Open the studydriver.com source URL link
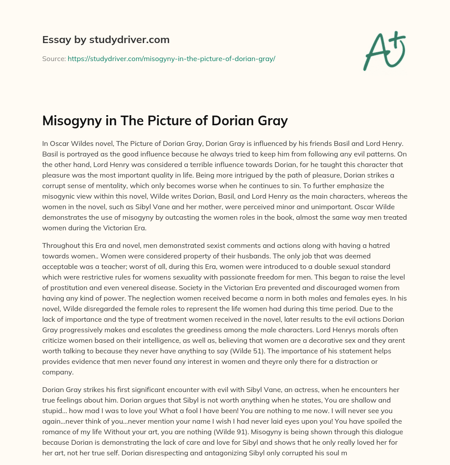(171, 58)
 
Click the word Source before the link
(54, 58)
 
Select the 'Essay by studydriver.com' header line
(106, 40)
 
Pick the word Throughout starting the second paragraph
(62, 245)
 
